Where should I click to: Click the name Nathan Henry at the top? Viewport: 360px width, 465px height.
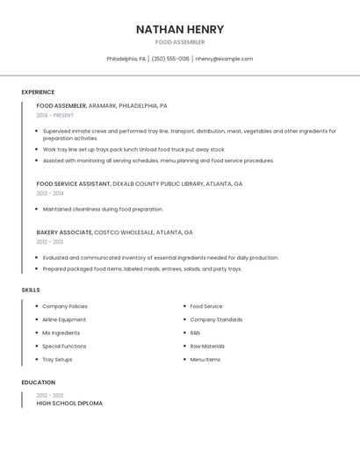(x=180, y=29)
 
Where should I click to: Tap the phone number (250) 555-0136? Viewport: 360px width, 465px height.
(x=170, y=59)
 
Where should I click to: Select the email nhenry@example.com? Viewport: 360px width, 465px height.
(x=224, y=59)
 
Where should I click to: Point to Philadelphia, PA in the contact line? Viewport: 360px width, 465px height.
(x=126, y=59)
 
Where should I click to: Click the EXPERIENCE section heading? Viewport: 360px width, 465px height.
(x=38, y=92)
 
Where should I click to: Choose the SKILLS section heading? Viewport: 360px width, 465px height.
(x=31, y=290)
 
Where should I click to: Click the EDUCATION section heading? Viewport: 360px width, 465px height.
(x=39, y=383)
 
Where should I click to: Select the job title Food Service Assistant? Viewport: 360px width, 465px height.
(x=74, y=184)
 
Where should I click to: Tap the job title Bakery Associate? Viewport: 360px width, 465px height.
(x=64, y=232)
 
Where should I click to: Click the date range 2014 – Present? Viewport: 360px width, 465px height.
(x=55, y=115)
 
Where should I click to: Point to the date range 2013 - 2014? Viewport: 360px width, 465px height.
(x=50, y=193)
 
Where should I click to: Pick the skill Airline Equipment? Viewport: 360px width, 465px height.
(x=64, y=320)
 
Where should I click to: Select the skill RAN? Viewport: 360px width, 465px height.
(x=195, y=333)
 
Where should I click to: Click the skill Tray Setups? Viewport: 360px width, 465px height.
(x=58, y=360)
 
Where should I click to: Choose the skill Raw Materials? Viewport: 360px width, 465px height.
(x=207, y=347)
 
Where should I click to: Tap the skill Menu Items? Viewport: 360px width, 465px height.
(x=205, y=360)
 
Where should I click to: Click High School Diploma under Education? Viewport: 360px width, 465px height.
(x=69, y=404)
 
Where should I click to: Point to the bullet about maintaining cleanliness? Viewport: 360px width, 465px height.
(x=103, y=210)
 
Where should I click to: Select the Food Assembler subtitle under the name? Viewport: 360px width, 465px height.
(x=180, y=42)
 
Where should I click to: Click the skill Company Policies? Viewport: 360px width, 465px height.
(x=65, y=307)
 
